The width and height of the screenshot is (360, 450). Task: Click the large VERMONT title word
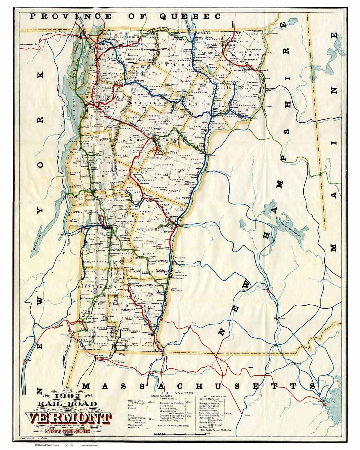(x=68, y=418)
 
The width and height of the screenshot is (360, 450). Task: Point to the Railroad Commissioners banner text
(x=68, y=431)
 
